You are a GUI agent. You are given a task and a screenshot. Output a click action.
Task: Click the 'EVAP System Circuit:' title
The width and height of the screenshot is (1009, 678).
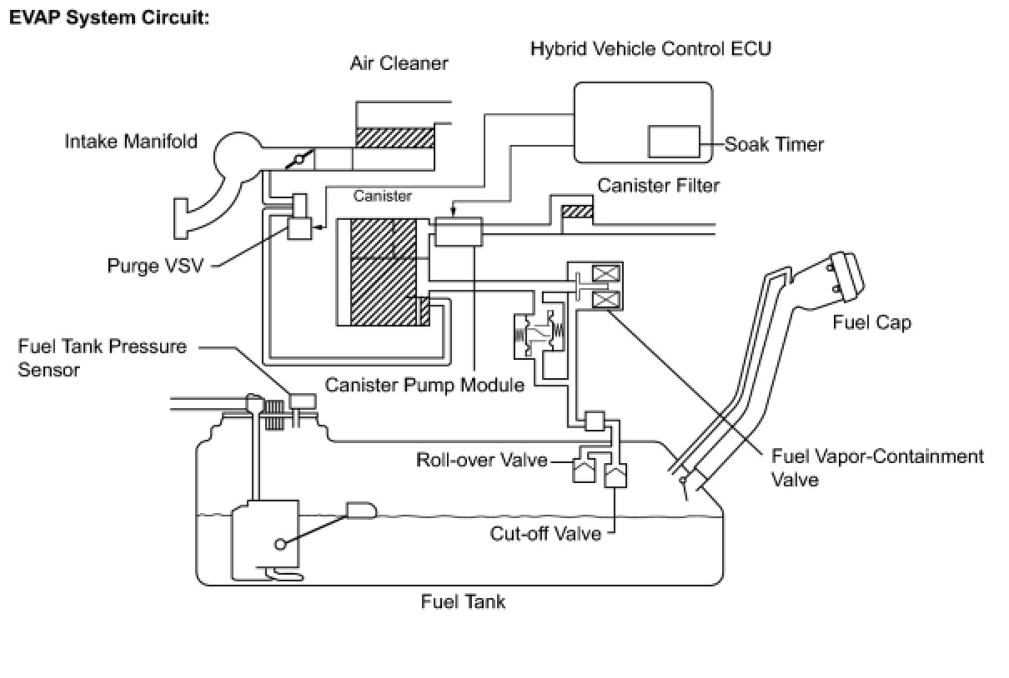pyautogui.click(x=109, y=18)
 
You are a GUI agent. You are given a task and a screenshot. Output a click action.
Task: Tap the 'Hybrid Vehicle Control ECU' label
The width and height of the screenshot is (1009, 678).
pyautogui.click(x=651, y=48)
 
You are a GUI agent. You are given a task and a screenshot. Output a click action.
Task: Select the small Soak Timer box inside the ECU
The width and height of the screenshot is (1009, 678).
pyautogui.click(x=674, y=142)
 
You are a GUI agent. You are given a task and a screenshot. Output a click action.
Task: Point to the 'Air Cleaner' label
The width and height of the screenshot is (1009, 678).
pyautogui.click(x=399, y=63)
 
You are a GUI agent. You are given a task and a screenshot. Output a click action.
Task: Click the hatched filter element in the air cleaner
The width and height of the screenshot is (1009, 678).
pyautogui.click(x=395, y=137)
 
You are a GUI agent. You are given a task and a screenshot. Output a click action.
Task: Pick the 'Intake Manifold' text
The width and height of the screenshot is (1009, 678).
pyautogui.click(x=131, y=142)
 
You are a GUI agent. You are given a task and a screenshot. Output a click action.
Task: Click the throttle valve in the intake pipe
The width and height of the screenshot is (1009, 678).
pyautogui.click(x=299, y=159)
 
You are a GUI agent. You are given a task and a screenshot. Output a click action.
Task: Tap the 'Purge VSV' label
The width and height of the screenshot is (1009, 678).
pyautogui.click(x=155, y=266)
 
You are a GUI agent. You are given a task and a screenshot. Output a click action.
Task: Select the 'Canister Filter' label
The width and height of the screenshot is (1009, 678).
pyautogui.click(x=659, y=186)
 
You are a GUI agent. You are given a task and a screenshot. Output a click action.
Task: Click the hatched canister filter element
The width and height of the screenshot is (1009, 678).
pyautogui.click(x=577, y=212)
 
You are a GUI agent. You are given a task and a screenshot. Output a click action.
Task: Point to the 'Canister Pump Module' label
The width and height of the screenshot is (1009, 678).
pyautogui.click(x=424, y=386)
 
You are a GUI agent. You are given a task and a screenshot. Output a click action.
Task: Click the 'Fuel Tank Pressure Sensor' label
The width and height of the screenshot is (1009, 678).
pyautogui.click(x=103, y=358)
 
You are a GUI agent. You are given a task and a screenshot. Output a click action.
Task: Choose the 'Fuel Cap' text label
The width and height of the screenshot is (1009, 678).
pyautogui.click(x=871, y=323)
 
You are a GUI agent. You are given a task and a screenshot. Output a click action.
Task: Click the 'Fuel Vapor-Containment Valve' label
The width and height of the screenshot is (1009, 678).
pyautogui.click(x=877, y=468)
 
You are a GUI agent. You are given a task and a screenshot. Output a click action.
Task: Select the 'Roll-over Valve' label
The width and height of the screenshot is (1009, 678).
pyautogui.click(x=482, y=460)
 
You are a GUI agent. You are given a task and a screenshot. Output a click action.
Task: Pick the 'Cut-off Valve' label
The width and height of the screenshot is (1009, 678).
pyautogui.click(x=545, y=534)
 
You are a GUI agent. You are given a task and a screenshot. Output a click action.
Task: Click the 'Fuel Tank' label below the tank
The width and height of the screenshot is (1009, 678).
pyautogui.click(x=463, y=602)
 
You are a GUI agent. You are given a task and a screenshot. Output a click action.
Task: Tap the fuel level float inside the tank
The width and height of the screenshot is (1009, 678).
pyautogui.click(x=361, y=511)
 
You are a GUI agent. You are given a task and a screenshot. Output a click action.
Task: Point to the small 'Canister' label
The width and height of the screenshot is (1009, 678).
pyautogui.click(x=383, y=196)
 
